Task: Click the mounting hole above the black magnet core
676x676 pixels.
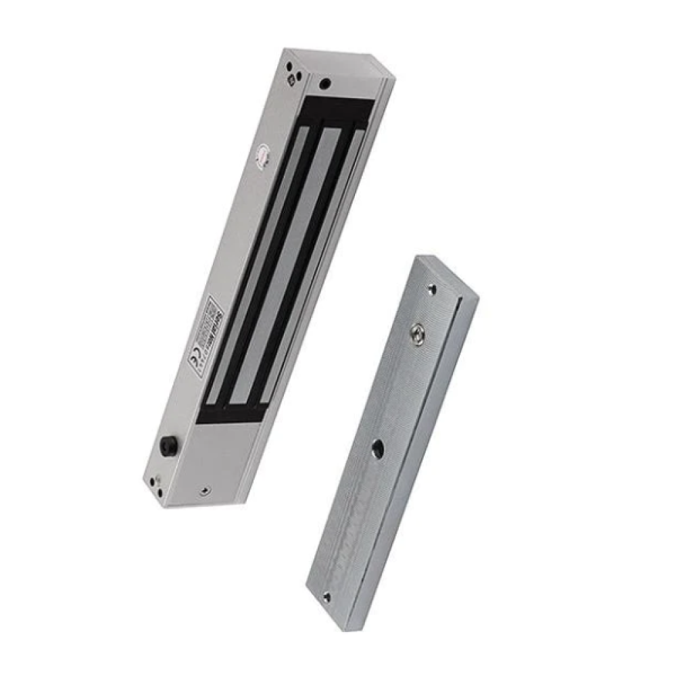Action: [x=325, y=84]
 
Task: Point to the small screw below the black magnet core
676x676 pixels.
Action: [x=206, y=491]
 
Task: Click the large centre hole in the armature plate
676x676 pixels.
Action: [x=377, y=447]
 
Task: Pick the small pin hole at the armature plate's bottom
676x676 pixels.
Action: [x=327, y=596]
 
